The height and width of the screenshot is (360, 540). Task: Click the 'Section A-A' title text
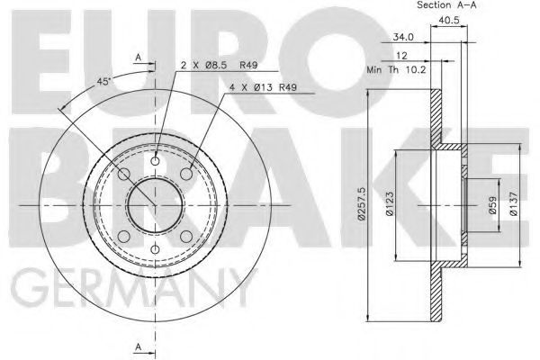click(446, 4)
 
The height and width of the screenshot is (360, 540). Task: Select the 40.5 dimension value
click(449, 21)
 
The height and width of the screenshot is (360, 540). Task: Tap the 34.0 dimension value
click(403, 37)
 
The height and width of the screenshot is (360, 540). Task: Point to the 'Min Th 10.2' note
click(396, 70)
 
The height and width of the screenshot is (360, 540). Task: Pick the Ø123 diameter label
click(390, 204)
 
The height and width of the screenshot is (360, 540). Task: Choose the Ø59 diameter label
click(493, 205)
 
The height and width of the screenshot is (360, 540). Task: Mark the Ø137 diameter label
click(514, 204)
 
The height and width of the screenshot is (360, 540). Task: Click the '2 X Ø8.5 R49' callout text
click(219, 65)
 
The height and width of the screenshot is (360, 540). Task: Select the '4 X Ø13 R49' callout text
click(263, 87)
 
